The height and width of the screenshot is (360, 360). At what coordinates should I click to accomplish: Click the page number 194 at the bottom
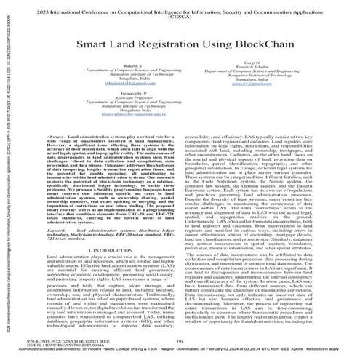[x=179, y=342]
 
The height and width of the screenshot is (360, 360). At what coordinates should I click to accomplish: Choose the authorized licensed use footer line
[x=179, y=353]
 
